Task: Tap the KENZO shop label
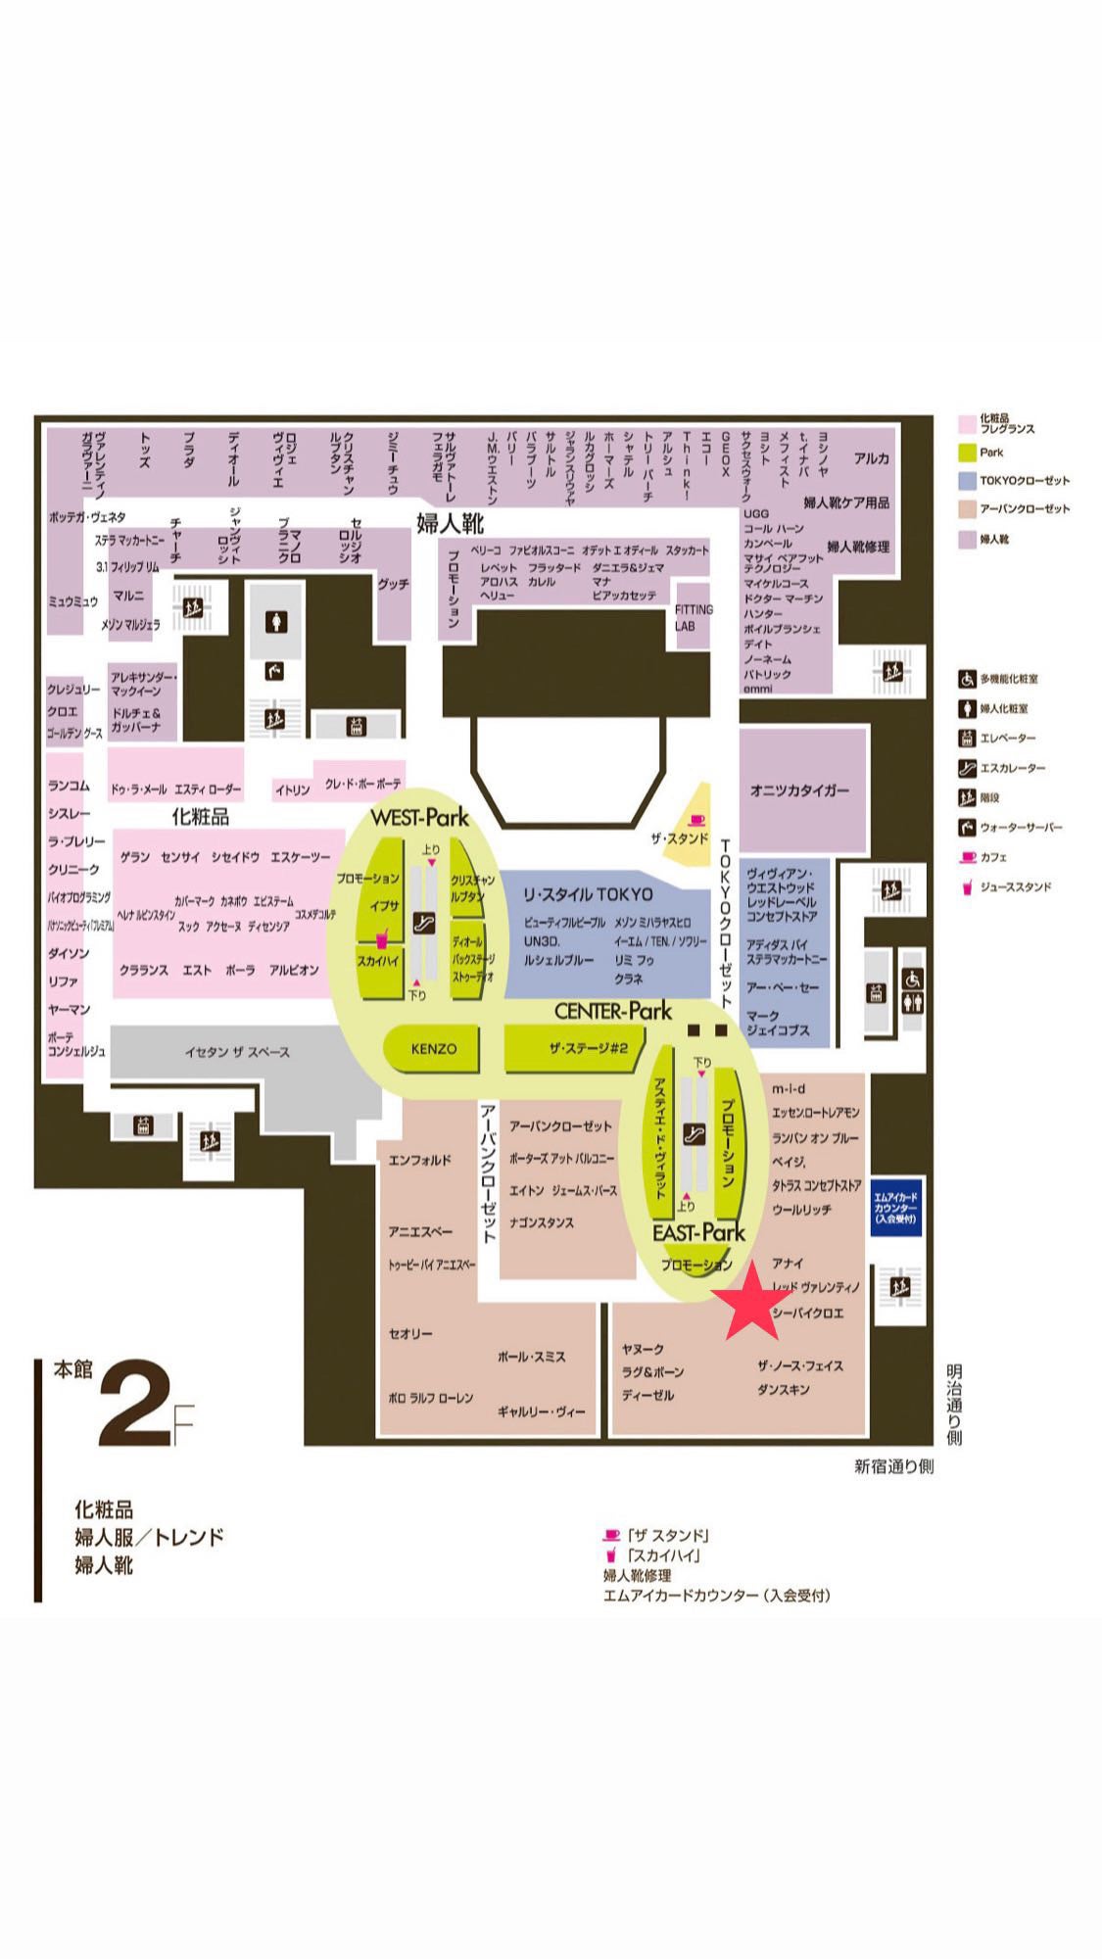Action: (x=434, y=1049)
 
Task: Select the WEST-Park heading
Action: (x=419, y=818)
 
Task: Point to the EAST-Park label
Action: (x=698, y=1232)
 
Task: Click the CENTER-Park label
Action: (x=613, y=1011)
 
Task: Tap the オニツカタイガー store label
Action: (x=799, y=790)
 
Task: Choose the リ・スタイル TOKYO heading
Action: (x=588, y=894)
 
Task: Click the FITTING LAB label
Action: (x=694, y=617)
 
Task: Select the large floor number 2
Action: (x=134, y=1404)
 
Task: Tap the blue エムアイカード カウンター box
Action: (x=895, y=1207)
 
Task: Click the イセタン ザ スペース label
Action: (x=237, y=1052)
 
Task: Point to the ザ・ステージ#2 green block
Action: (x=587, y=1049)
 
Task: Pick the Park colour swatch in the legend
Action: (x=967, y=453)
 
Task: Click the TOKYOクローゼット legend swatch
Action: (x=967, y=481)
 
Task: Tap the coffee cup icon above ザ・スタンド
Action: (x=696, y=820)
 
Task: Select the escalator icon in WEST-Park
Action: (x=424, y=921)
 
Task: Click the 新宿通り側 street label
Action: (x=893, y=1466)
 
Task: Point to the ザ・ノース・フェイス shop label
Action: (x=799, y=1365)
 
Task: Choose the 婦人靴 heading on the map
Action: (x=450, y=523)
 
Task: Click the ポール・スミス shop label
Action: (x=531, y=1358)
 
